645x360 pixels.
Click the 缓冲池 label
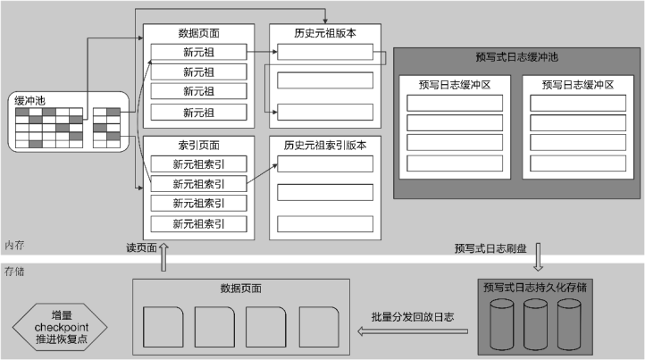[x=29, y=101]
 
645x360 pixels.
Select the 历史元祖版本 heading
[x=324, y=33]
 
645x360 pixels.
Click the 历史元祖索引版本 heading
[x=324, y=143]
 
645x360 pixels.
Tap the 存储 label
[x=13, y=270]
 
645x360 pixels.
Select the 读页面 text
[x=142, y=247]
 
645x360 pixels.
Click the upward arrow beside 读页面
[x=164, y=258]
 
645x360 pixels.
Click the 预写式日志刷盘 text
[x=491, y=248]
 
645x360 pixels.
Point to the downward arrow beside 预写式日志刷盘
[x=539, y=260]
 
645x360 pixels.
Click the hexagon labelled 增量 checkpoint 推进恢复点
[x=62, y=326]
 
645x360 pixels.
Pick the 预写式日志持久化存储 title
[x=534, y=288]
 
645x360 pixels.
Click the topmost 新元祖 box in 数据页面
[x=198, y=52]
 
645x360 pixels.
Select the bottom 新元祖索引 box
[x=198, y=223]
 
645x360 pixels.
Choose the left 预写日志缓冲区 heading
[x=454, y=85]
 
